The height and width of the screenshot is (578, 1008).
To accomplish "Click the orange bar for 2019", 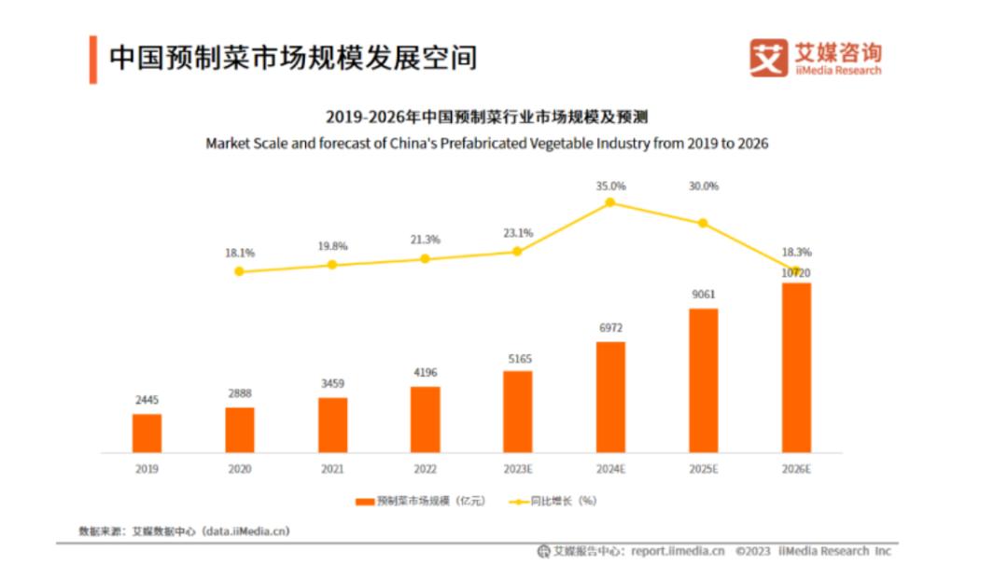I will [x=147, y=433].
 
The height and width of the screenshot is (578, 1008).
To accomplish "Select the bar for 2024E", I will [x=610, y=396].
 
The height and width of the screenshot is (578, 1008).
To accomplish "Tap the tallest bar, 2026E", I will [x=796, y=367].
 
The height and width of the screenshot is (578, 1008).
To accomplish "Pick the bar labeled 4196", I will [x=425, y=419].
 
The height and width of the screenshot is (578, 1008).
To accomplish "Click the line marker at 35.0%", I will [x=610, y=202].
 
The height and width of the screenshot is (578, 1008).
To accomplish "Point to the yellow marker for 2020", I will [x=239, y=271].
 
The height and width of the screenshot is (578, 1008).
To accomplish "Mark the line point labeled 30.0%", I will [x=703, y=223].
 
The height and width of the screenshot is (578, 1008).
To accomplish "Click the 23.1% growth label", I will [x=517, y=233].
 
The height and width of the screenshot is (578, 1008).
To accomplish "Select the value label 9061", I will [x=704, y=295].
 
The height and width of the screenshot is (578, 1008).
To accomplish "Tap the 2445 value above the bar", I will [x=147, y=400].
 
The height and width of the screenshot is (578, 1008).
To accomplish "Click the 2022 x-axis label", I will [x=425, y=469].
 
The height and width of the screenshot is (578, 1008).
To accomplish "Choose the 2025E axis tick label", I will [x=703, y=469].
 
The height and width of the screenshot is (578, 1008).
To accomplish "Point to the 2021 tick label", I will [x=332, y=469].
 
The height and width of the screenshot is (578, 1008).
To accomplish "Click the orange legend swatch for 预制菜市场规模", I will [x=364, y=502].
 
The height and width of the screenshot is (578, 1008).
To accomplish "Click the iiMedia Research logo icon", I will [x=768, y=57].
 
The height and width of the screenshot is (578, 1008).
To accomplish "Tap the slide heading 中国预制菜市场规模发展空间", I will [x=293, y=58].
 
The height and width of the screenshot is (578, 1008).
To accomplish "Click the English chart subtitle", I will [x=486, y=144].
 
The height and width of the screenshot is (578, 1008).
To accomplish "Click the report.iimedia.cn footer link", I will [x=678, y=551].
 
